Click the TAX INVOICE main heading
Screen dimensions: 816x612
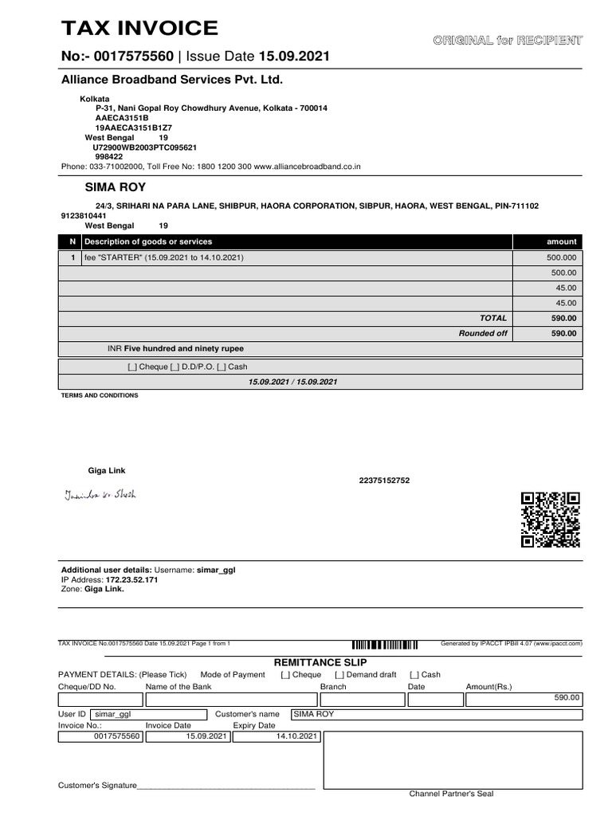click(x=139, y=29)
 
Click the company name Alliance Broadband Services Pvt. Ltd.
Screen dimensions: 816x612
click(x=172, y=80)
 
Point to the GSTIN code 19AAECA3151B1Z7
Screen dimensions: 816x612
click(x=133, y=127)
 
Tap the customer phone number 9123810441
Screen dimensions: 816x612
click(x=83, y=215)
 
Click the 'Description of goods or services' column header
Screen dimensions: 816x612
click(x=148, y=241)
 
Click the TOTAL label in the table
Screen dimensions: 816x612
click(x=492, y=318)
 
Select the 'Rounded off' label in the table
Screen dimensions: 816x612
click(x=483, y=333)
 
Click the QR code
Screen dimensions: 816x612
click(x=550, y=520)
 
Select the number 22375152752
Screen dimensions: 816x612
click(x=385, y=481)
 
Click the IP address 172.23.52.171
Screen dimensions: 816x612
click(x=131, y=579)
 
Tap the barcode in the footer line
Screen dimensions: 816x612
click(x=385, y=644)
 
